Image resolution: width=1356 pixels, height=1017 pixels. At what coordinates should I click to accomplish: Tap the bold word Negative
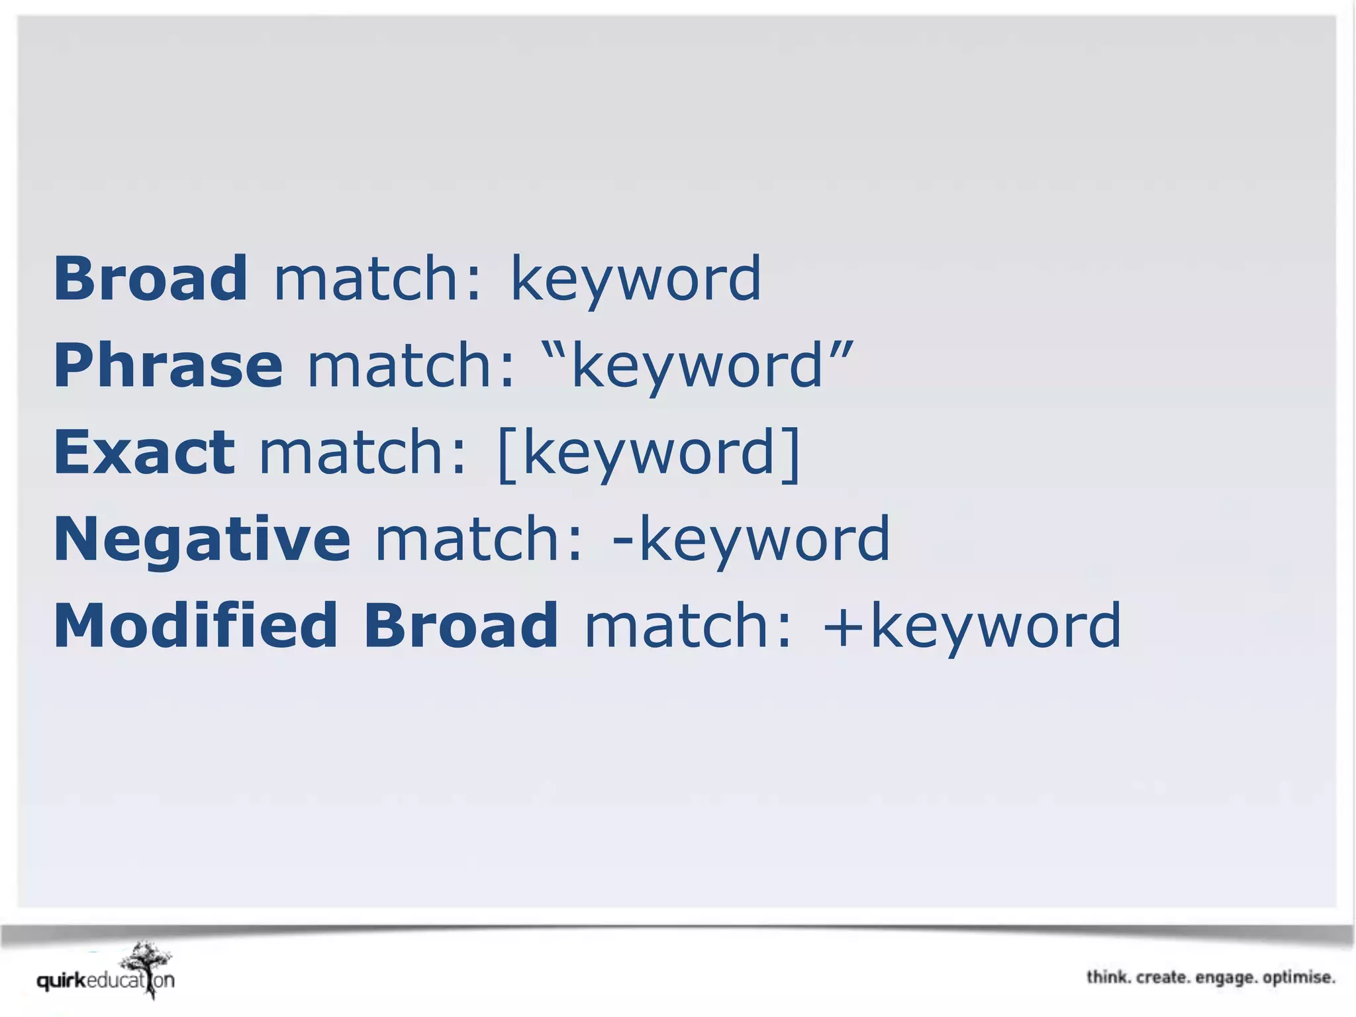coord(201,539)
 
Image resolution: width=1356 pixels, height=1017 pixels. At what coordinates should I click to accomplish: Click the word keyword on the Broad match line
coord(636,279)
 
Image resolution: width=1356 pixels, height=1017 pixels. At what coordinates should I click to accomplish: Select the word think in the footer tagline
coord(1108,977)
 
